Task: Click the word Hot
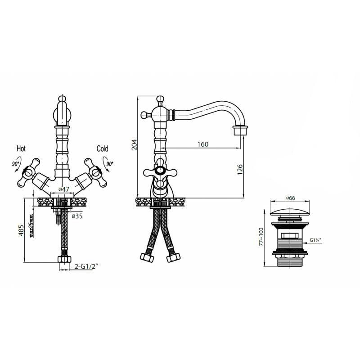(x=21, y=148)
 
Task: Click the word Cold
(x=103, y=148)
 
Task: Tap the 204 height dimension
(x=134, y=144)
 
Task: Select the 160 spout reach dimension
(x=203, y=144)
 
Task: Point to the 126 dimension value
(x=240, y=170)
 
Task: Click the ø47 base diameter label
(x=64, y=189)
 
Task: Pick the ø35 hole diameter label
(x=77, y=216)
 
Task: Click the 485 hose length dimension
(x=21, y=230)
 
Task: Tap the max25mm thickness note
(x=32, y=225)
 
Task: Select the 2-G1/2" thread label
(x=86, y=266)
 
